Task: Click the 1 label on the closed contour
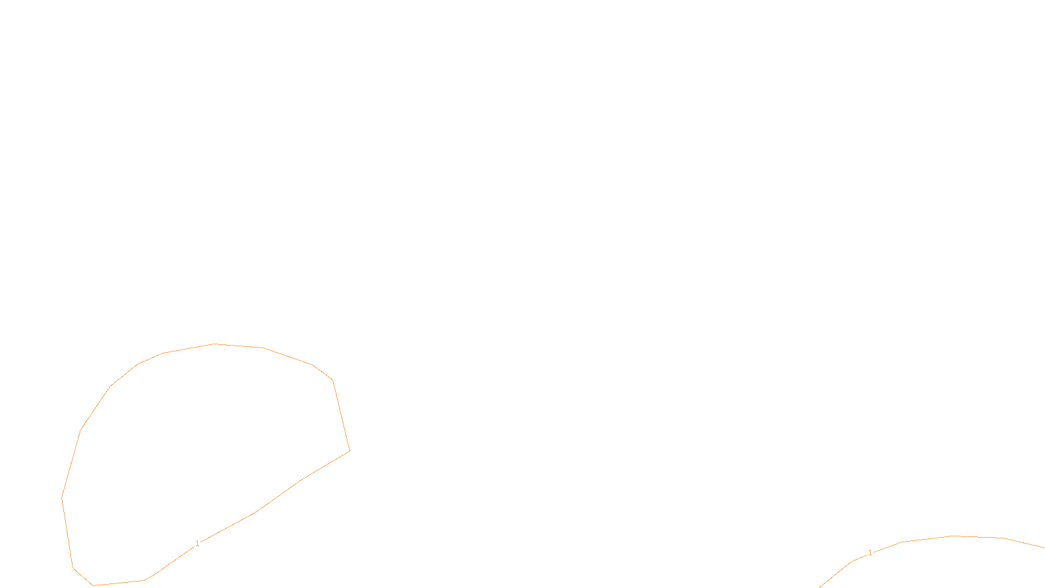(197, 544)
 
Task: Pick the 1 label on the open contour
(870, 553)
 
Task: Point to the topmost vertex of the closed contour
(215, 344)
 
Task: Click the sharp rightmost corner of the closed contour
(349, 451)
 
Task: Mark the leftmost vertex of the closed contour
(62, 498)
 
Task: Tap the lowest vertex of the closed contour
(94, 585)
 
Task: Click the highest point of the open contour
(954, 536)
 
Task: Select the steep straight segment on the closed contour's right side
(341, 416)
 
